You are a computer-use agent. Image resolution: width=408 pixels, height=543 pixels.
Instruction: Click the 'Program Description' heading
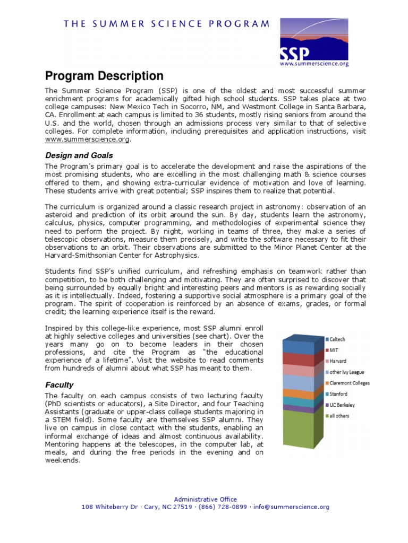click(x=104, y=76)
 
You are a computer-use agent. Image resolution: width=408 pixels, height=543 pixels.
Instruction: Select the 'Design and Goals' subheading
click(x=79, y=155)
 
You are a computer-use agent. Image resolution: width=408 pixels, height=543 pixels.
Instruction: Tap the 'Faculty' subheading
click(x=59, y=384)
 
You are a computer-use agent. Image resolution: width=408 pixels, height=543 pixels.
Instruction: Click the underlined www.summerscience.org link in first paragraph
click(x=87, y=139)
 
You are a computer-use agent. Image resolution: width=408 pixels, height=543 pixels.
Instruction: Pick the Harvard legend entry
click(x=338, y=361)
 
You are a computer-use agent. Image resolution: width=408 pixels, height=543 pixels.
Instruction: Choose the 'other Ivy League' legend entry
click(x=346, y=372)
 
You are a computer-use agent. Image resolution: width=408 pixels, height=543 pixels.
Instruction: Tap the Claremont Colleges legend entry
click(x=349, y=383)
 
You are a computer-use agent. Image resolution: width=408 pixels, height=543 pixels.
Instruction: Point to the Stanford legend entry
click(x=339, y=394)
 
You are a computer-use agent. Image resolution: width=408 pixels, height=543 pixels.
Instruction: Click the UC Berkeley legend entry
click(x=342, y=405)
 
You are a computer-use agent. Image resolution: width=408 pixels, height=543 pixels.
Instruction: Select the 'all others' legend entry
click(x=339, y=416)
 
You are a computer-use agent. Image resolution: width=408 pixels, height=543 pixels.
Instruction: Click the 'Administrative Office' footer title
click(x=205, y=499)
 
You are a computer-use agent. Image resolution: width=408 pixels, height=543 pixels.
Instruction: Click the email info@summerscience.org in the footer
click(x=291, y=507)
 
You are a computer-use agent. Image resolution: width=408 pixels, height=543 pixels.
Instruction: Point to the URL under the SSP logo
click(x=314, y=64)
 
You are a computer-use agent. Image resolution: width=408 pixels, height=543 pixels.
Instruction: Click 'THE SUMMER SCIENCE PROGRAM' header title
click(x=167, y=24)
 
